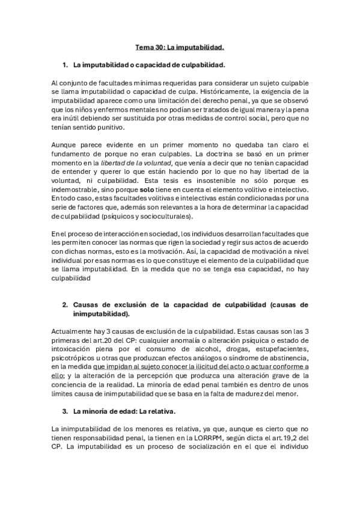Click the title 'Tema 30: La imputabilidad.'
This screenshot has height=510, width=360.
179,46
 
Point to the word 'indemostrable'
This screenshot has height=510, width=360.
76,189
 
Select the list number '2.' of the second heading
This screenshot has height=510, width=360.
66,305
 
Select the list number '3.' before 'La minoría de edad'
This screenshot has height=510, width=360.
66,412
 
